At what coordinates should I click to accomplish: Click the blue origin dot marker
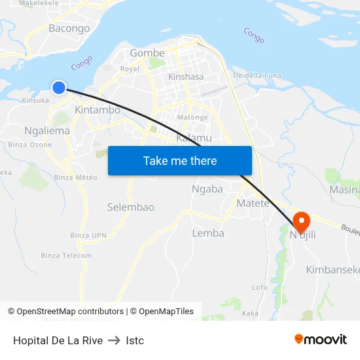[x=59, y=87]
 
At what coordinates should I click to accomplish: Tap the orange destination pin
[x=302, y=222]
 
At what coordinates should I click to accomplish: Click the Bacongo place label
[x=69, y=28]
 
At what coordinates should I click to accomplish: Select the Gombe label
[x=147, y=53]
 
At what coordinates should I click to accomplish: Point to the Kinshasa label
[x=186, y=77]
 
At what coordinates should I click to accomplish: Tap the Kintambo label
[x=98, y=110]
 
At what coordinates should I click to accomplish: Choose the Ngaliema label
[x=47, y=130]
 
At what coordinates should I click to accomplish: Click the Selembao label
[x=131, y=207]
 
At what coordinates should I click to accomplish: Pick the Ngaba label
[x=207, y=189]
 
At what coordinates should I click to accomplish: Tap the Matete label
[x=253, y=204]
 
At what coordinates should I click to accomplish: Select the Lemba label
[x=208, y=233]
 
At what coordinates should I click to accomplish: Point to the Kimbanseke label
[x=333, y=270]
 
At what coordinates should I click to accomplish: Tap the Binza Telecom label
[x=66, y=255]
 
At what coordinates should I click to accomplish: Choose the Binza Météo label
[x=75, y=177]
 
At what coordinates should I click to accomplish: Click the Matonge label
[x=194, y=117]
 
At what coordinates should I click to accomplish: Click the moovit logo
[x=321, y=339]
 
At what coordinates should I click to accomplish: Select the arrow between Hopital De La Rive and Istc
[x=114, y=340]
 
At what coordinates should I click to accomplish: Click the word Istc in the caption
[x=135, y=340]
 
